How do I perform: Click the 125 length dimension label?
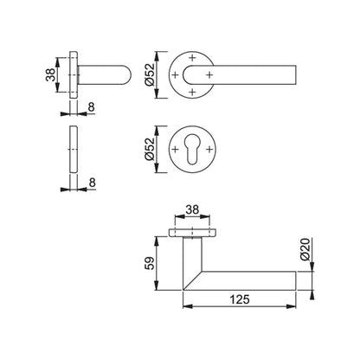click(x=240, y=299)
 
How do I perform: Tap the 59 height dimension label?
click(x=150, y=263)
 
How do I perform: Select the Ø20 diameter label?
click(x=305, y=249)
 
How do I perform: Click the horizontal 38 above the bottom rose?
click(x=192, y=209)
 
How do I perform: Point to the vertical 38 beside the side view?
click(x=51, y=74)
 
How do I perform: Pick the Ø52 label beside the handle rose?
click(x=150, y=74)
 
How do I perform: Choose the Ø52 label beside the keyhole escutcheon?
click(x=150, y=149)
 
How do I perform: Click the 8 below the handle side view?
click(x=91, y=107)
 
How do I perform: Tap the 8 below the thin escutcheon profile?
click(x=92, y=183)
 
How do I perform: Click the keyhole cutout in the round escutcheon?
click(x=192, y=148)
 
